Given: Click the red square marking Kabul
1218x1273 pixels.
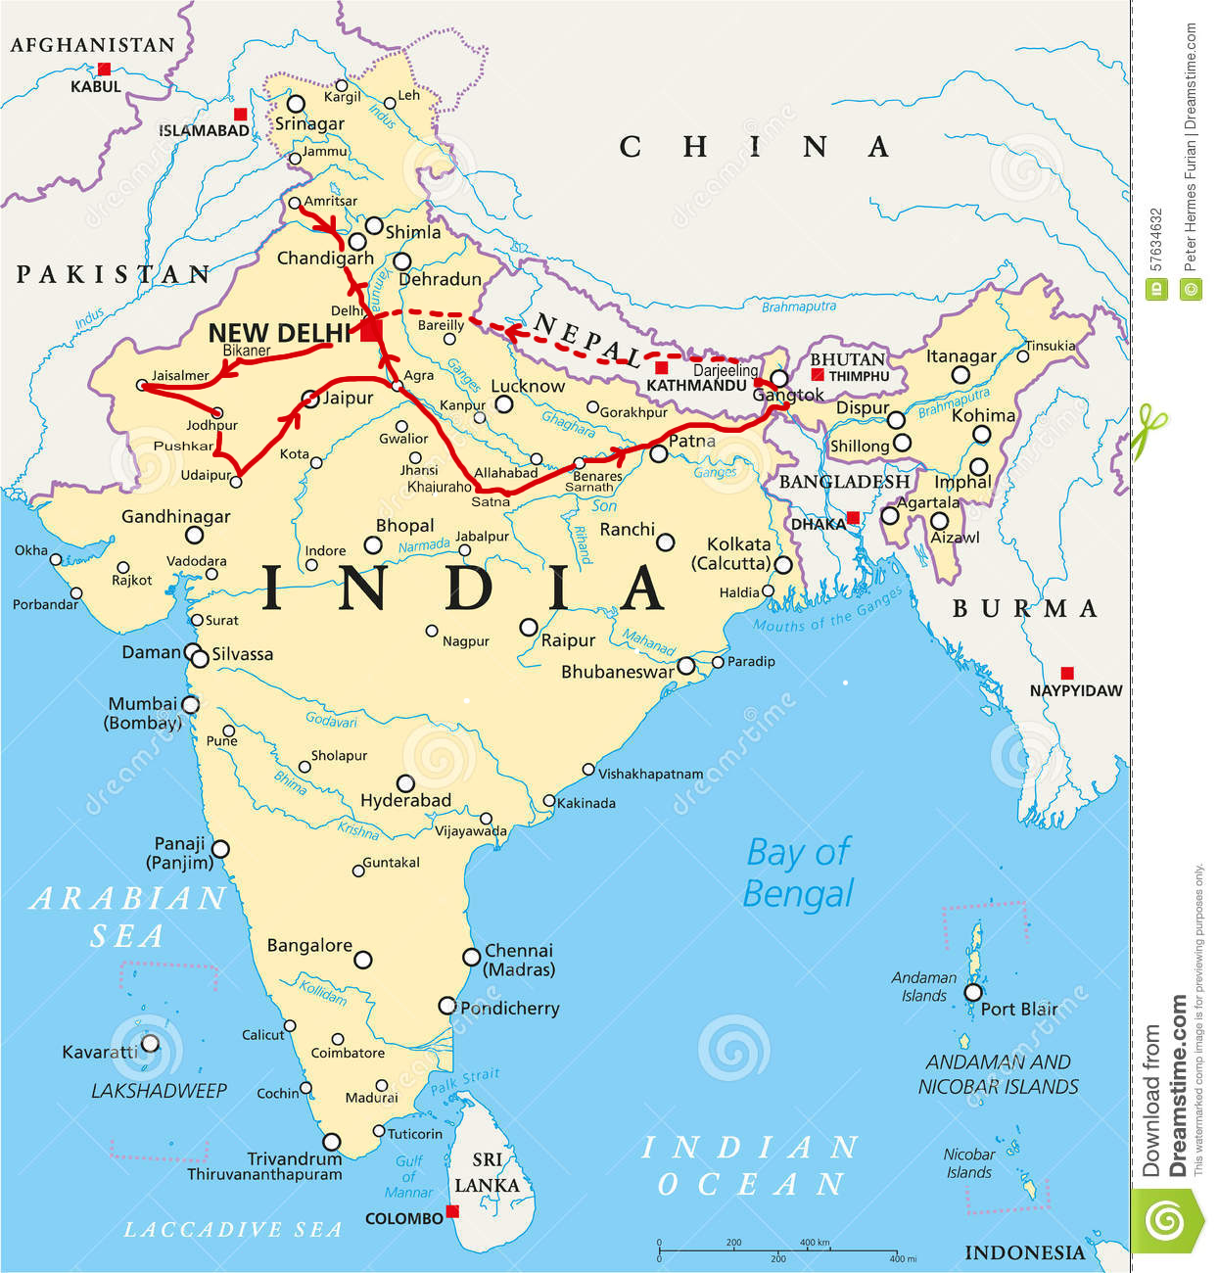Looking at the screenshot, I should pos(104,70).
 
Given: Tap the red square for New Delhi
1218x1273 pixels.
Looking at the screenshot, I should pos(370,330).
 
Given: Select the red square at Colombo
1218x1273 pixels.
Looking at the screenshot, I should pos(452,1211).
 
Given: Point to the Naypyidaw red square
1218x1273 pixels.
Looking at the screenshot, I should pos(1067,673).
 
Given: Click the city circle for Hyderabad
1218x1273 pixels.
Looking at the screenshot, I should pos(405,783).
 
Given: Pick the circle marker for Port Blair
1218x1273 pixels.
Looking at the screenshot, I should pos(972,992).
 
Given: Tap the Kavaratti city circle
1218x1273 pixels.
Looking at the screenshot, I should pos(150,1044).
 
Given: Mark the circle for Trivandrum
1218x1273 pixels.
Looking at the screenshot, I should pos(332,1142).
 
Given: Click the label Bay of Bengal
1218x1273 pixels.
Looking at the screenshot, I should pos(798,872).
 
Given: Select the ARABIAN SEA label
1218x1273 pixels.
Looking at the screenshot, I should pos(127,917).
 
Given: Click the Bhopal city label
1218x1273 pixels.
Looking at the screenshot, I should pos(404,526).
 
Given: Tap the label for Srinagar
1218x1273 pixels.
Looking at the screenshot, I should pos(309,123).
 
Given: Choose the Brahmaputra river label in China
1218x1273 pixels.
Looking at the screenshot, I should pos(799,306).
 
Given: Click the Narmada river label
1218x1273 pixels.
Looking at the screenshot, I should pos(424,545).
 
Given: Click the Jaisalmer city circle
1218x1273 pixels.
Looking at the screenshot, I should pos(143,386).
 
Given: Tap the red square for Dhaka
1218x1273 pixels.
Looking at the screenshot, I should pos(853,517).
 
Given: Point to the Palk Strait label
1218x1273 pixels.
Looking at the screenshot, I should pos(465,1080).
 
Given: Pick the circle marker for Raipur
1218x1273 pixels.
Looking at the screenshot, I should pos(529,627).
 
